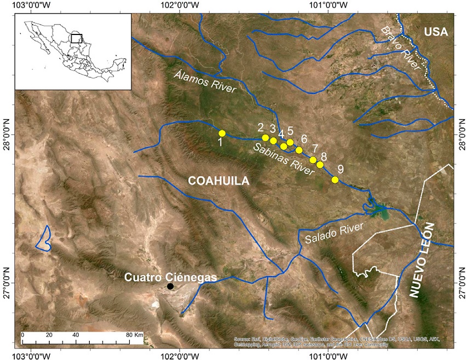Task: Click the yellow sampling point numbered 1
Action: click(x=222, y=133)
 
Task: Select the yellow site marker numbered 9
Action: click(x=335, y=179)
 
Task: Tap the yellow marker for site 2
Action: click(x=265, y=138)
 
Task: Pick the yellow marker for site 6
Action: click(x=299, y=150)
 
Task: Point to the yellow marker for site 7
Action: click(x=313, y=160)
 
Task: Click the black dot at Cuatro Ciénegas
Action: click(x=171, y=286)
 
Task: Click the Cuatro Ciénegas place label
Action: click(x=170, y=277)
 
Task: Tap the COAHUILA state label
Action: click(x=218, y=181)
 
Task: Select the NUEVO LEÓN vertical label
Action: click(x=423, y=260)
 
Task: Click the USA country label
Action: click(x=436, y=32)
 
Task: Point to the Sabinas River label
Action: click(x=283, y=159)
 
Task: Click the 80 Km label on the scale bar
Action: click(x=134, y=334)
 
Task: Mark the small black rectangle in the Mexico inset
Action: click(x=77, y=38)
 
